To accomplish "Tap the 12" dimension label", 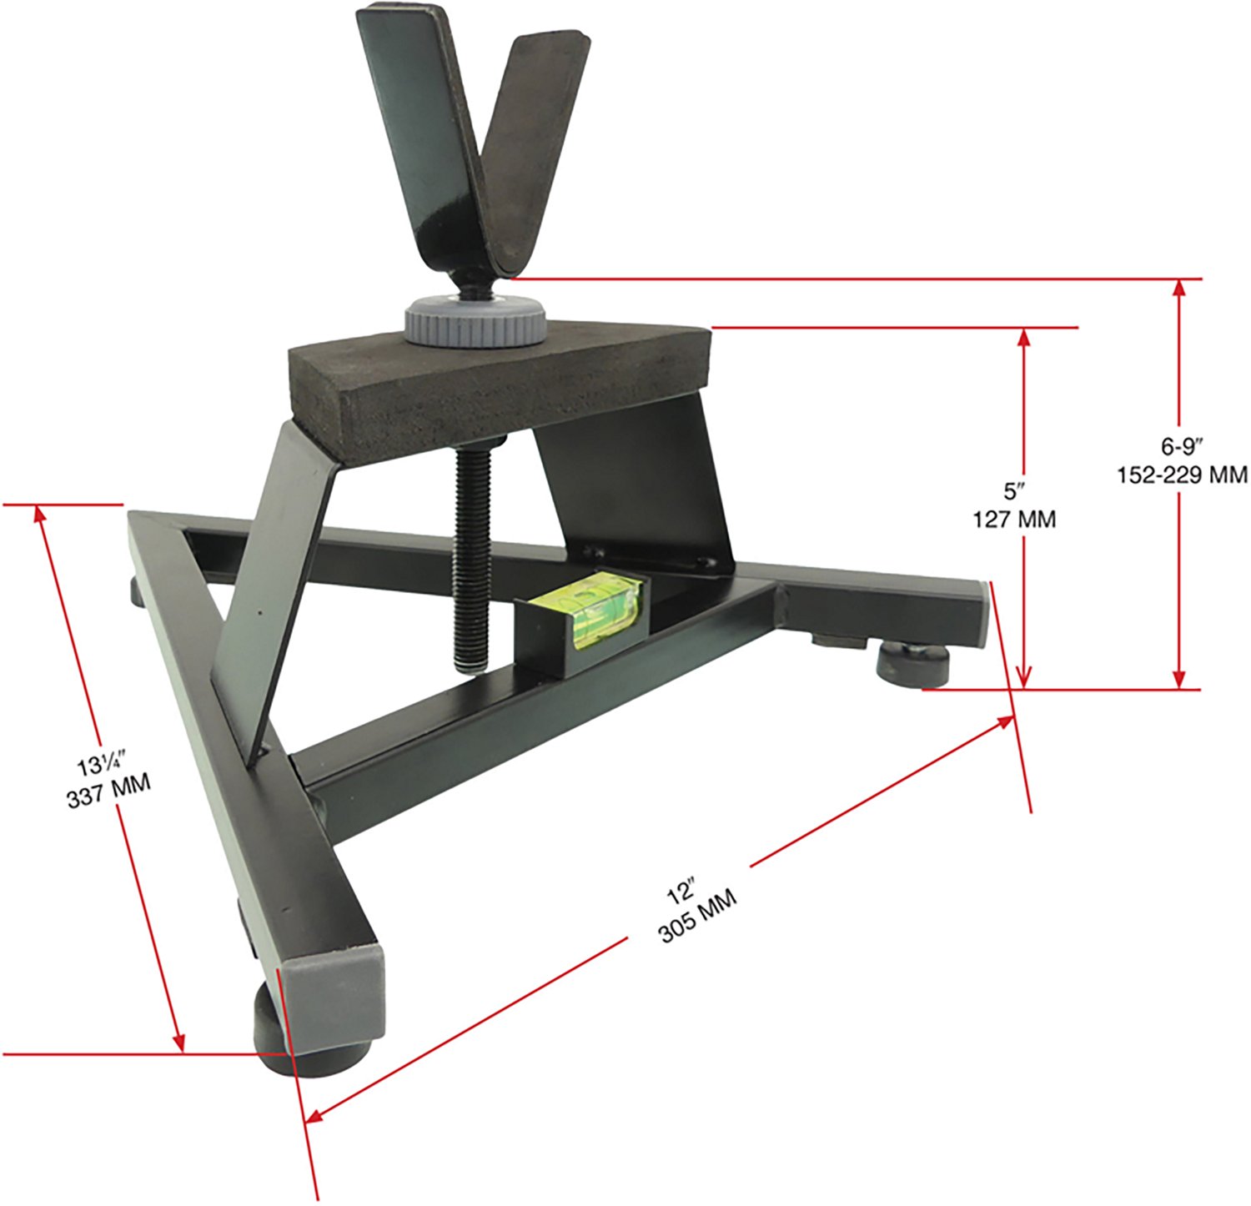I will [681, 892].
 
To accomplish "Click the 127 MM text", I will [1014, 519].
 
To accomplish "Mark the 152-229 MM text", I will [1183, 475].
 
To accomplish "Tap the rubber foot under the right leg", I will [912, 663].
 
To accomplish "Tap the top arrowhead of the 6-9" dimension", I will [1178, 289].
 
